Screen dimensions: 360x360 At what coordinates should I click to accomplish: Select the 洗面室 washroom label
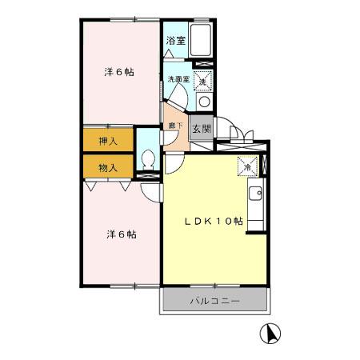click(x=177, y=79)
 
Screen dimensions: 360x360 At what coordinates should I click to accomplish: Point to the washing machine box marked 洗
click(x=203, y=81)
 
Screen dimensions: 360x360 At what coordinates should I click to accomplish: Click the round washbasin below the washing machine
click(x=203, y=102)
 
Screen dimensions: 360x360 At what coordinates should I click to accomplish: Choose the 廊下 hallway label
click(x=173, y=126)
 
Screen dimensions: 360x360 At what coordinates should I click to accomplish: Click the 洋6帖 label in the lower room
click(x=120, y=234)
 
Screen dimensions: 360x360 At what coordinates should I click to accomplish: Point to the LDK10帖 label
click(x=213, y=222)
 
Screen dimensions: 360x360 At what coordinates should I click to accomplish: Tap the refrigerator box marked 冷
click(x=248, y=167)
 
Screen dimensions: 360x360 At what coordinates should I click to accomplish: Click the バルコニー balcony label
click(x=214, y=302)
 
